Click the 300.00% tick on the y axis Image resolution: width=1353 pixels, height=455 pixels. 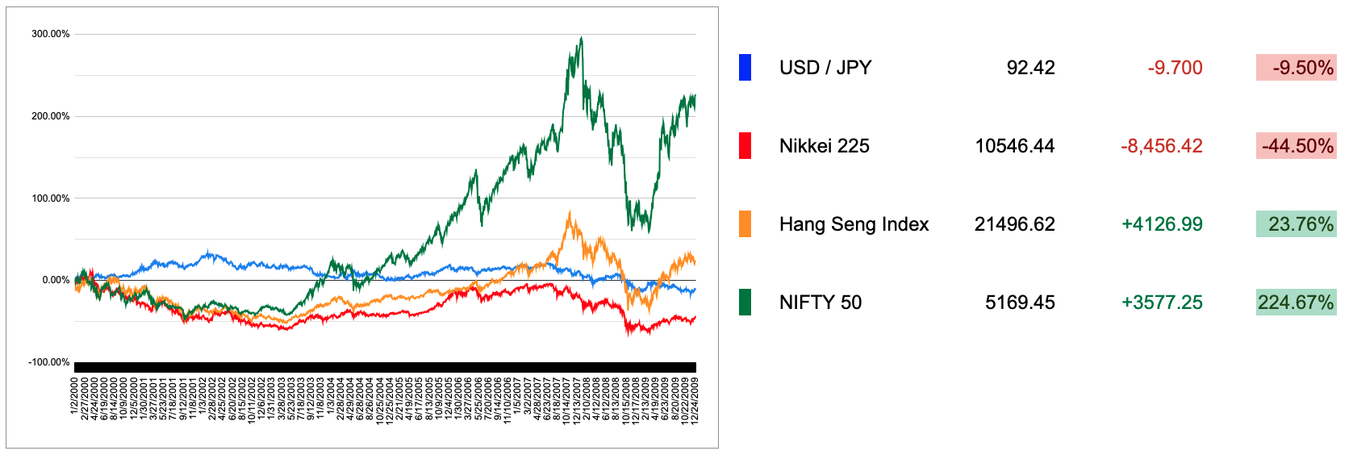(50, 34)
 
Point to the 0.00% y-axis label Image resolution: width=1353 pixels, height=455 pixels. (56, 280)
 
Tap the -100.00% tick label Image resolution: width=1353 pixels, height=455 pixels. (48, 362)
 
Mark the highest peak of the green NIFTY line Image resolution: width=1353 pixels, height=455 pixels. (581, 38)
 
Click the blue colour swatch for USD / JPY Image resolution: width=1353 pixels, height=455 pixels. (745, 68)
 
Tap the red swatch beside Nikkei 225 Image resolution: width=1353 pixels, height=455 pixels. (745, 146)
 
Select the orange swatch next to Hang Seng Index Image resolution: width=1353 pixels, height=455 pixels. (745, 224)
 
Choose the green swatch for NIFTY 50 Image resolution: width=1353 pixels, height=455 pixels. (745, 303)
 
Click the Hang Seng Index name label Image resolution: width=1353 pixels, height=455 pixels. (854, 224)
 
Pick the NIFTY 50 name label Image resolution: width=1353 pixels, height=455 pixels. (820, 303)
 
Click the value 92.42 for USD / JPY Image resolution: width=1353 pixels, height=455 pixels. (1030, 68)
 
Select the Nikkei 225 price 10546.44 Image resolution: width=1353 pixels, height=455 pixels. (1014, 146)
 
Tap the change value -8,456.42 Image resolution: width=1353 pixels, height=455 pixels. (1161, 146)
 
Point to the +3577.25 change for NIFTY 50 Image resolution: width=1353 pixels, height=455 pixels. (1162, 303)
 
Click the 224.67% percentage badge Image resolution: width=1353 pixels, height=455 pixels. (1296, 303)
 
